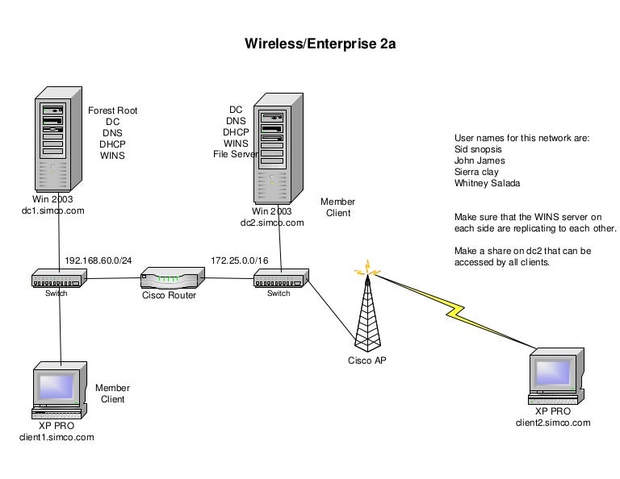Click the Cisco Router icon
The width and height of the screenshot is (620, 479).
point(169,280)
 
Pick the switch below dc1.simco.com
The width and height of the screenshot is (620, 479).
point(57,280)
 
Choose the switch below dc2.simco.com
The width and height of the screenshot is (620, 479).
point(279,280)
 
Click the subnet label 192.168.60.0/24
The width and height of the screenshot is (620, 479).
point(99,261)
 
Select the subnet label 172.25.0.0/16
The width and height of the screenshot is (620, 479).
point(241,261)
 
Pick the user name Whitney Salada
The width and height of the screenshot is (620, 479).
point(487,183)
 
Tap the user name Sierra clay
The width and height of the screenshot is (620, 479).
point(477,172)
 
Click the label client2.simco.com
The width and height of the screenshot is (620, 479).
point(553,422)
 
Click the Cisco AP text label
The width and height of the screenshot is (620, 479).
point(367,360)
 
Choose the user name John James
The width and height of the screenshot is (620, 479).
point(480,160)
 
